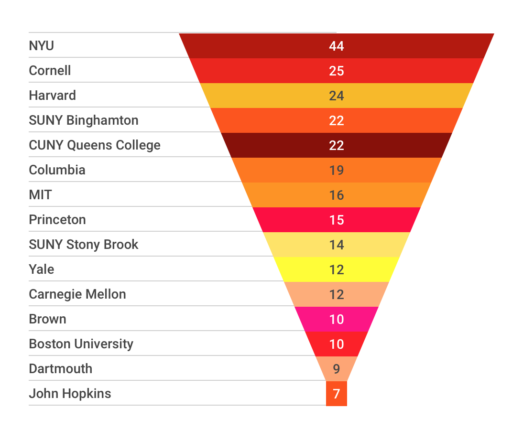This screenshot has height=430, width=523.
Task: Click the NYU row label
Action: (42, 46)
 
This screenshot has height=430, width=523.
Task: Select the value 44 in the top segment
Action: (336, 46)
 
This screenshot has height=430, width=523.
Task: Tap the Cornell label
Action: (50, 71)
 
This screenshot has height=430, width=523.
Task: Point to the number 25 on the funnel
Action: (336, 71)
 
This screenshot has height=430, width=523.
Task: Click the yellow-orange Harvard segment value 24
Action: (336, 96)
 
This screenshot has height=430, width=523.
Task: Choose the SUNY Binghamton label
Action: (84, 120)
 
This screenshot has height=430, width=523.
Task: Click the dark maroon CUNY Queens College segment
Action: (336, 145)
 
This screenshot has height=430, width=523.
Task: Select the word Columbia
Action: (57, 170)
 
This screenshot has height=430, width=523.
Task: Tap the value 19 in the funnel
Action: (336, 170)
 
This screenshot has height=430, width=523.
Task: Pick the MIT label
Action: (40, 195)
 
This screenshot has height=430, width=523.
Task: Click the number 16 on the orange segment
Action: (336, 195)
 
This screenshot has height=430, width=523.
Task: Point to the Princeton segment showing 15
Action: (336, 220)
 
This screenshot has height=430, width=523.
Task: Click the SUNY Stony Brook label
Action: (84, 245)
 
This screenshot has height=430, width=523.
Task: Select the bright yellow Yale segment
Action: (336, 269)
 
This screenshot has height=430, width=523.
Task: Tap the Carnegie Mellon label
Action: (77, 294)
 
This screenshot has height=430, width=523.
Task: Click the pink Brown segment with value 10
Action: (336, 319)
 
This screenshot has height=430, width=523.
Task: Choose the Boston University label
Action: (81, 344)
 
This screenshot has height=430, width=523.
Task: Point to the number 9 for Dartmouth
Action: (336, 369)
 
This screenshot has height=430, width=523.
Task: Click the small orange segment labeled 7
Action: (336, 394)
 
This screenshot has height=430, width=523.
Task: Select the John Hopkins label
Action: (70, 394)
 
